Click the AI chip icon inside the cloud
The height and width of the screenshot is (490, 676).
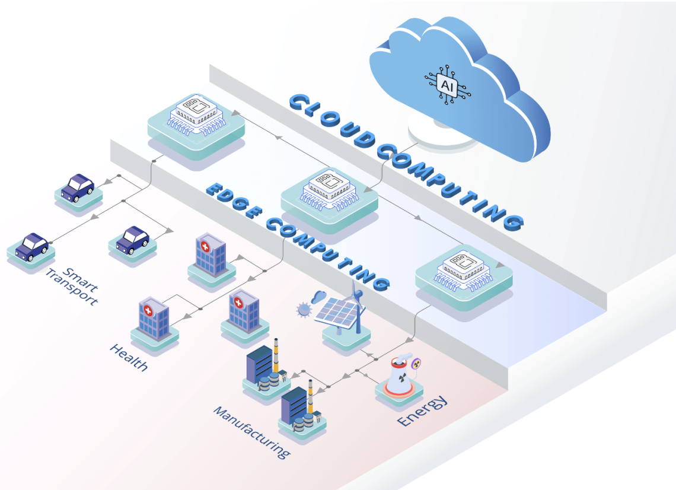coord(445,84)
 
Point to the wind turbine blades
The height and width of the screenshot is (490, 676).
coord(356,293)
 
